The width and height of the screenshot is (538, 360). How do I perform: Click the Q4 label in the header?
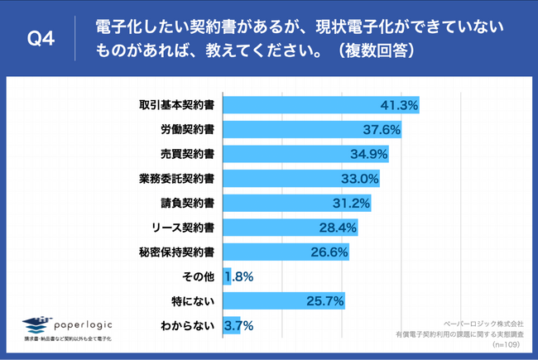point(41,39)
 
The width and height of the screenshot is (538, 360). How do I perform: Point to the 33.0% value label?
point(360,178)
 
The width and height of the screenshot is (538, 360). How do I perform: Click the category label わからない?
point(188,325)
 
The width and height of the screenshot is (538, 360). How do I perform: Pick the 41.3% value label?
point(398,105)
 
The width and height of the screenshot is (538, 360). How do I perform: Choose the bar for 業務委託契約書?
point(281,178)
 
